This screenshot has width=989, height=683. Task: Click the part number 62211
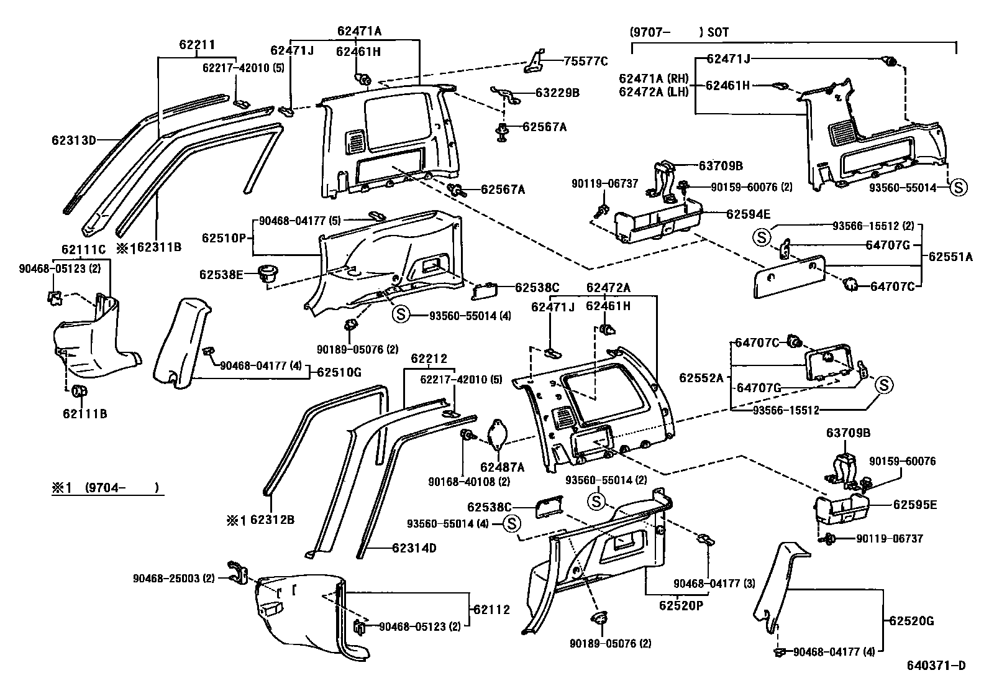197,45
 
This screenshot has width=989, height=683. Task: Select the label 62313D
73,140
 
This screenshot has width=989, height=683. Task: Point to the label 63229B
557,93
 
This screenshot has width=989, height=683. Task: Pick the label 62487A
502,467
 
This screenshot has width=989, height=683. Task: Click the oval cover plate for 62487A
498,435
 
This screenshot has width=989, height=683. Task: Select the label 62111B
84,413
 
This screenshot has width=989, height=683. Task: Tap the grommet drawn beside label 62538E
269,274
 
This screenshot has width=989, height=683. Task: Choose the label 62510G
339,372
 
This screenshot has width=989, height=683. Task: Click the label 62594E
748,214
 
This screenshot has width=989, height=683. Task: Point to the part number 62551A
950,256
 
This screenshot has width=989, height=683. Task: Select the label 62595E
914,505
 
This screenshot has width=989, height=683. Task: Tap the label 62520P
681,605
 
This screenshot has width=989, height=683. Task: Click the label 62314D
414,548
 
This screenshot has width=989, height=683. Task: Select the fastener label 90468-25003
168,578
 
